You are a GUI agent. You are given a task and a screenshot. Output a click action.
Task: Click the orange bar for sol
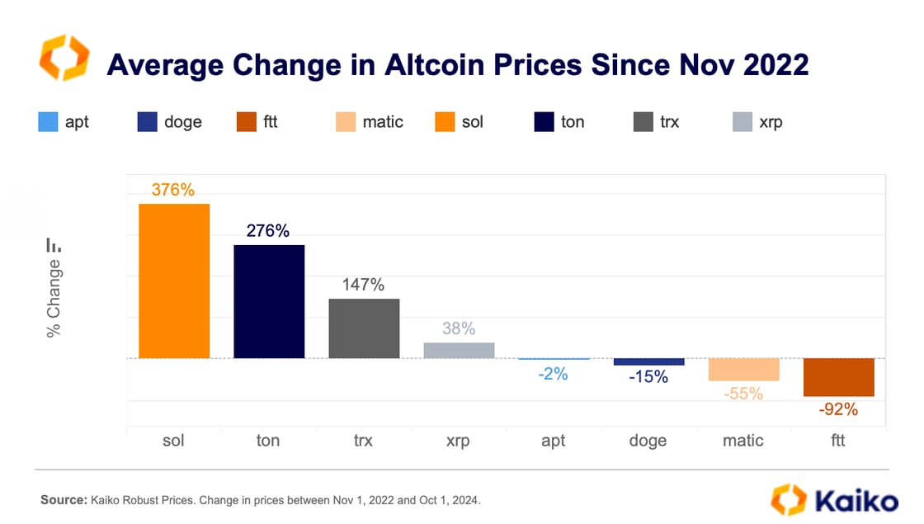point(173,281)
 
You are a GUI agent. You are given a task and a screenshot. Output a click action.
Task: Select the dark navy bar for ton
point(269,301)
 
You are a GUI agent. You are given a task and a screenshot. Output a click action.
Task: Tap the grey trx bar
point(364,328)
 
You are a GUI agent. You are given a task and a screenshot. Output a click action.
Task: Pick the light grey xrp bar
point(459,351)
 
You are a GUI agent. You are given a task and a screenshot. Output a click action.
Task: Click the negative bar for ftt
point(838,377)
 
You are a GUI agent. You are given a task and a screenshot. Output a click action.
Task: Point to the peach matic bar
point(743,370)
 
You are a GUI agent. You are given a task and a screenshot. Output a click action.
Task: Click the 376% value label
point(173,190)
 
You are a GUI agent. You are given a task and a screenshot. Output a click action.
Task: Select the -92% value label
point(838,409)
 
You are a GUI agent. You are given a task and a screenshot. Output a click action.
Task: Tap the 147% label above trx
point(364,286)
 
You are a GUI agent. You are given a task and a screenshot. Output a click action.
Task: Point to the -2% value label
point(553,374)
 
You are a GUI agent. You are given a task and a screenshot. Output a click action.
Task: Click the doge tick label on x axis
point(648,441)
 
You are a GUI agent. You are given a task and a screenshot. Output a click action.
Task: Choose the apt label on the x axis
point(553,441)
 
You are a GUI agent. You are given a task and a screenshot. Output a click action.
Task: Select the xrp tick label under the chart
point(458,441)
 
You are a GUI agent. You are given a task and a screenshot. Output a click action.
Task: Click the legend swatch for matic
point(346,122)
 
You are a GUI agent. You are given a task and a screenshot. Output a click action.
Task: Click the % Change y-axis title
point(54,298)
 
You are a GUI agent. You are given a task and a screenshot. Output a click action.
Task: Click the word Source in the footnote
point(63,500)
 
